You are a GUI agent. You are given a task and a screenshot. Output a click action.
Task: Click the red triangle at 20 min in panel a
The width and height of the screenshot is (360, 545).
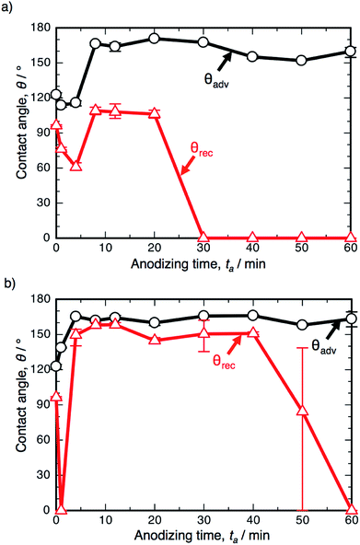[154, 113]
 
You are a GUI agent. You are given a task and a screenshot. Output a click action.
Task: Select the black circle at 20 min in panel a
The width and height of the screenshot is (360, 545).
[154, 39]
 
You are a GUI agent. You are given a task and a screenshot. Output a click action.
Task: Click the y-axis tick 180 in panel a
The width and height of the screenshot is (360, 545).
[39, 26]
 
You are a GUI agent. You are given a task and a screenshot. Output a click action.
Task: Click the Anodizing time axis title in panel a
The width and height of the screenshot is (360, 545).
[203, 265]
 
